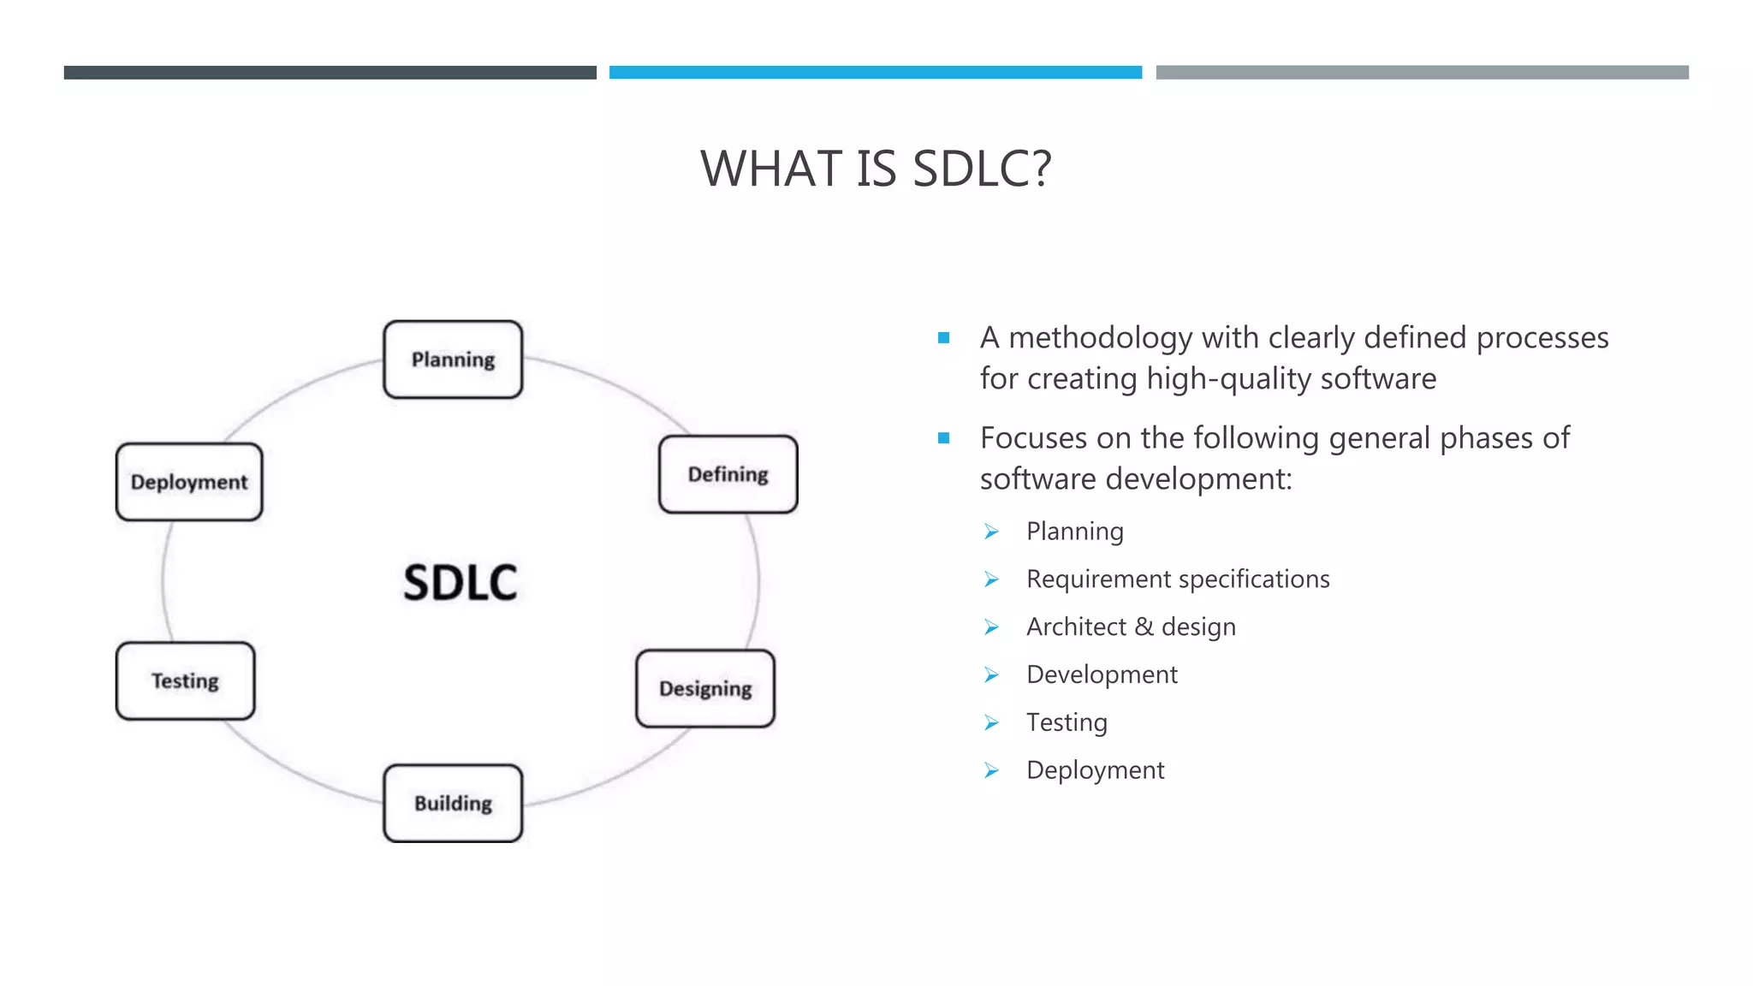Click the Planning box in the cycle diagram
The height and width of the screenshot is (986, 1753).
tap(453, 359)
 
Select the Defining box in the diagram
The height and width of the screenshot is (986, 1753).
tap(728, 474)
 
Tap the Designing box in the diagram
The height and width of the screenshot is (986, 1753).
tap(705, 689)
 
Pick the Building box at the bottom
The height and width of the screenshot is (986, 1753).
tap(453, 803)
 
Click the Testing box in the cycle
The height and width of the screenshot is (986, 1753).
tap(185, 681)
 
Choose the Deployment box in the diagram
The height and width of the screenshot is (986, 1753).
tap(189, 482)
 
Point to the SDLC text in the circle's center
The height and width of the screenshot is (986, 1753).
tap(461, 583)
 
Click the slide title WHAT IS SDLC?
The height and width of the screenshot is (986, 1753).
tap(876, 169)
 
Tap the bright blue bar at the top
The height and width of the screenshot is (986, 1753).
tap(875, 73)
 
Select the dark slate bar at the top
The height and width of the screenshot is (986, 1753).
tap(330, 73)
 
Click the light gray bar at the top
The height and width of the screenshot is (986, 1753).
tap(1422, 73)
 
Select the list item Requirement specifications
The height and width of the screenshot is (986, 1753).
tap(1178, 579)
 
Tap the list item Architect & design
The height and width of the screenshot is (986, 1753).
tap(1131, 627)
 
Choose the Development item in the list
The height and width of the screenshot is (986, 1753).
tap(1102, 675)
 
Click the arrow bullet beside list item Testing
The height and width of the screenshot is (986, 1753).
tap(991, 723)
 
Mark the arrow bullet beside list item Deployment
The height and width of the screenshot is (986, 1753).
tap(991, 771)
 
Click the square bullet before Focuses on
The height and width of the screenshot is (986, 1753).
tap(943, 438)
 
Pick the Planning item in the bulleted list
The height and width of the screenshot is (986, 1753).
tap(1074, 532)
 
